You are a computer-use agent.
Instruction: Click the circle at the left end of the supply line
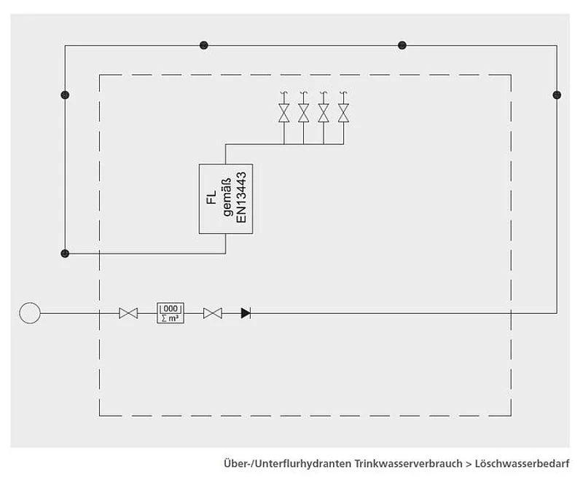tap(30, 313)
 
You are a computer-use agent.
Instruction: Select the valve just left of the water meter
tap(128, 313)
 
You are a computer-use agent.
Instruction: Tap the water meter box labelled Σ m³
tap(171, 313)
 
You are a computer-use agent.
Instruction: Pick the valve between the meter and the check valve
tap(213, 313)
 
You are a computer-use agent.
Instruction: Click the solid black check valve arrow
tap(245, 313)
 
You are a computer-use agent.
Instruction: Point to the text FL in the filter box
tap(211, 199)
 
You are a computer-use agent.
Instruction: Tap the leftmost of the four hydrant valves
tap(283, 114)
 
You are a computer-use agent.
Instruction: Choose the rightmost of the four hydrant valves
tap(344, 114)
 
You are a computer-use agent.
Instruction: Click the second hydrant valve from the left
tap(304, 114)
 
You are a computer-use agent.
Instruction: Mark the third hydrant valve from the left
tap(324, 114)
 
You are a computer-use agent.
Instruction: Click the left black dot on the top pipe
tap(203, 45)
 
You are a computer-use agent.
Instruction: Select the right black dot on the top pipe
tap(402, 45)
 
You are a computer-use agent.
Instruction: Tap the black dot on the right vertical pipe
tap(557, 95)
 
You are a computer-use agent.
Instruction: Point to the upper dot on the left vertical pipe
tap(65, 95)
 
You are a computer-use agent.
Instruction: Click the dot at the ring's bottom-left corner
tap(65, 253)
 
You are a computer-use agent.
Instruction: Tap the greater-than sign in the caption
tap(469, 463)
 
